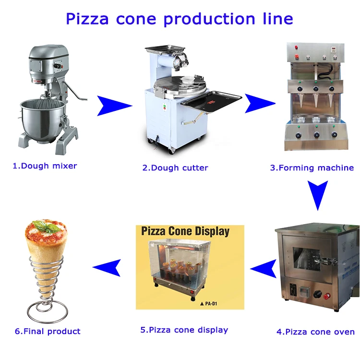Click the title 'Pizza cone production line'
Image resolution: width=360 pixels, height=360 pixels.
pyautogui.click(x=179, y=19)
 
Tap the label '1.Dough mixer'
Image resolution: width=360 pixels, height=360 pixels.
pyautogui.click(x=44, y=166)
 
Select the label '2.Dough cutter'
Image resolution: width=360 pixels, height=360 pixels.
pyautogui.click(x=175, y=168)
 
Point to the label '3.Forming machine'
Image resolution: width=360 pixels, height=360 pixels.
pyautogui.click(x=312, y=168)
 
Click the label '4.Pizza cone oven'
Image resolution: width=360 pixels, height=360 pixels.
pyautogui.click(x=315, y=331)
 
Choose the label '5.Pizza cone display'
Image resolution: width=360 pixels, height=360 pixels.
pyautogui.click(x=184, y=330)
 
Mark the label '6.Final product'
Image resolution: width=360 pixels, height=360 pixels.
pyautogui.click(x=48, y=331)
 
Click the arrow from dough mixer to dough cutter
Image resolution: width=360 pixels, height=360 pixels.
pyautogui.click(x=114, y=106)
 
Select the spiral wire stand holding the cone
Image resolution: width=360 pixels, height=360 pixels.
pyautogui.click(x=47, y=293)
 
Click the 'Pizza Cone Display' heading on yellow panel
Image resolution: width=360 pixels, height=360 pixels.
pyautogui.click(x=185, y=231)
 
